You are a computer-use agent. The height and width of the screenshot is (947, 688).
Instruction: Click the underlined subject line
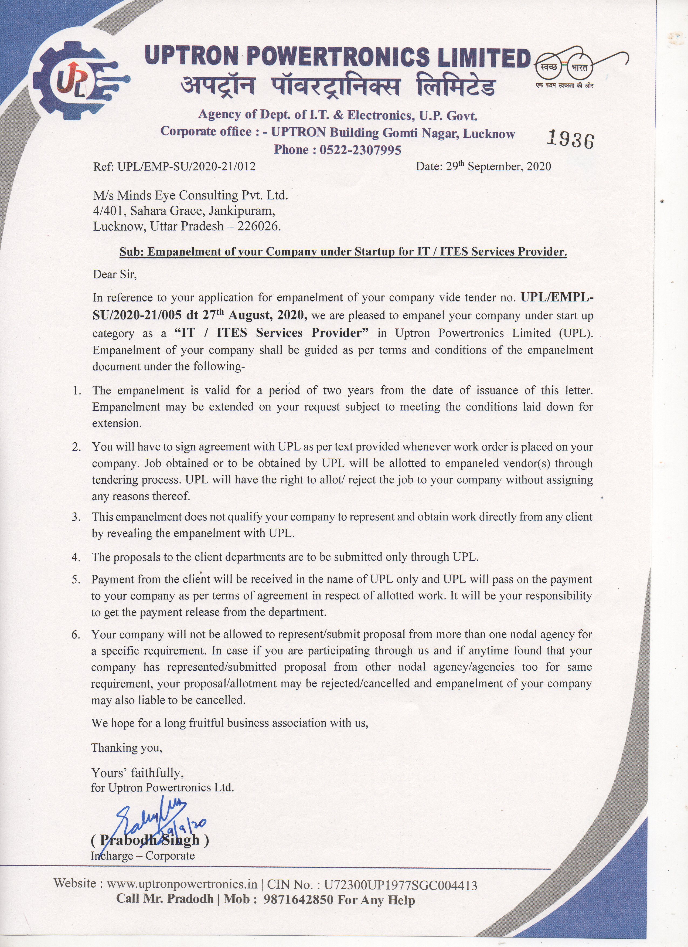(x=343, y=252)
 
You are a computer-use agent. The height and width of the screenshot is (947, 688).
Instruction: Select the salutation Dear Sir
(x=114, y=275)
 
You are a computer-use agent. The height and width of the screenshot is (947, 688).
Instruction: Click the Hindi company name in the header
(x=338, y=88)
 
